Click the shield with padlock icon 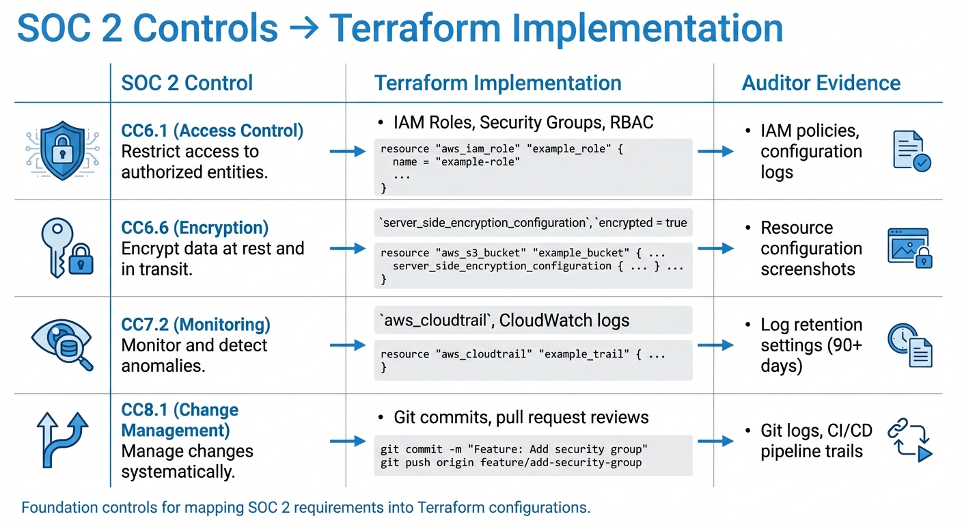point(62,151)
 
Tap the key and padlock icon point(66,248)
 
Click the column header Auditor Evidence point(821,83)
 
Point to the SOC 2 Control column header point(187,83)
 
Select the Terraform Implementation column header point(497,83)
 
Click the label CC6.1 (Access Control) point(212,131)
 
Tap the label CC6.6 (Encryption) point(195,228)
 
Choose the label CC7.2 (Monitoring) point(195,325)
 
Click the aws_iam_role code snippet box point(533,167)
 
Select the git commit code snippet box point(533,456)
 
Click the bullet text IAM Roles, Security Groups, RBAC point(523,123)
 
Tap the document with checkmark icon point(911,152)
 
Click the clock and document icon point(909,345)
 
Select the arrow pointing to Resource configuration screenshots point(715,249)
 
